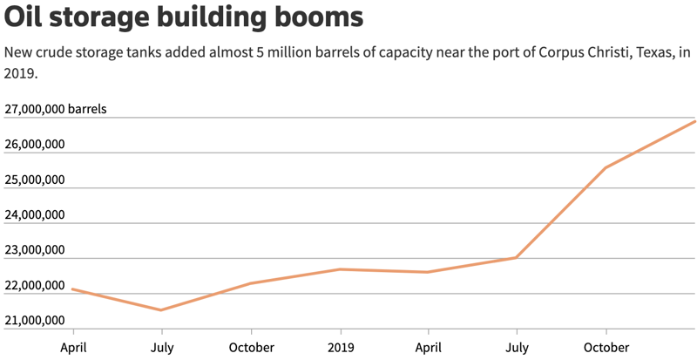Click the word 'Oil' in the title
point(25,17)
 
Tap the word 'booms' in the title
point(316,17)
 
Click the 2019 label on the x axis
point(341,347)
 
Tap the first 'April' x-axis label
point(73,347)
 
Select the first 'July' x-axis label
point(161,347)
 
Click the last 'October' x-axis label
point(606,347)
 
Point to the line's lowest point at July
point(161,309)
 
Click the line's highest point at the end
point(694,121)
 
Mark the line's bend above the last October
point(606,167)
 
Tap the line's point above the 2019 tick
point(341,269)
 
